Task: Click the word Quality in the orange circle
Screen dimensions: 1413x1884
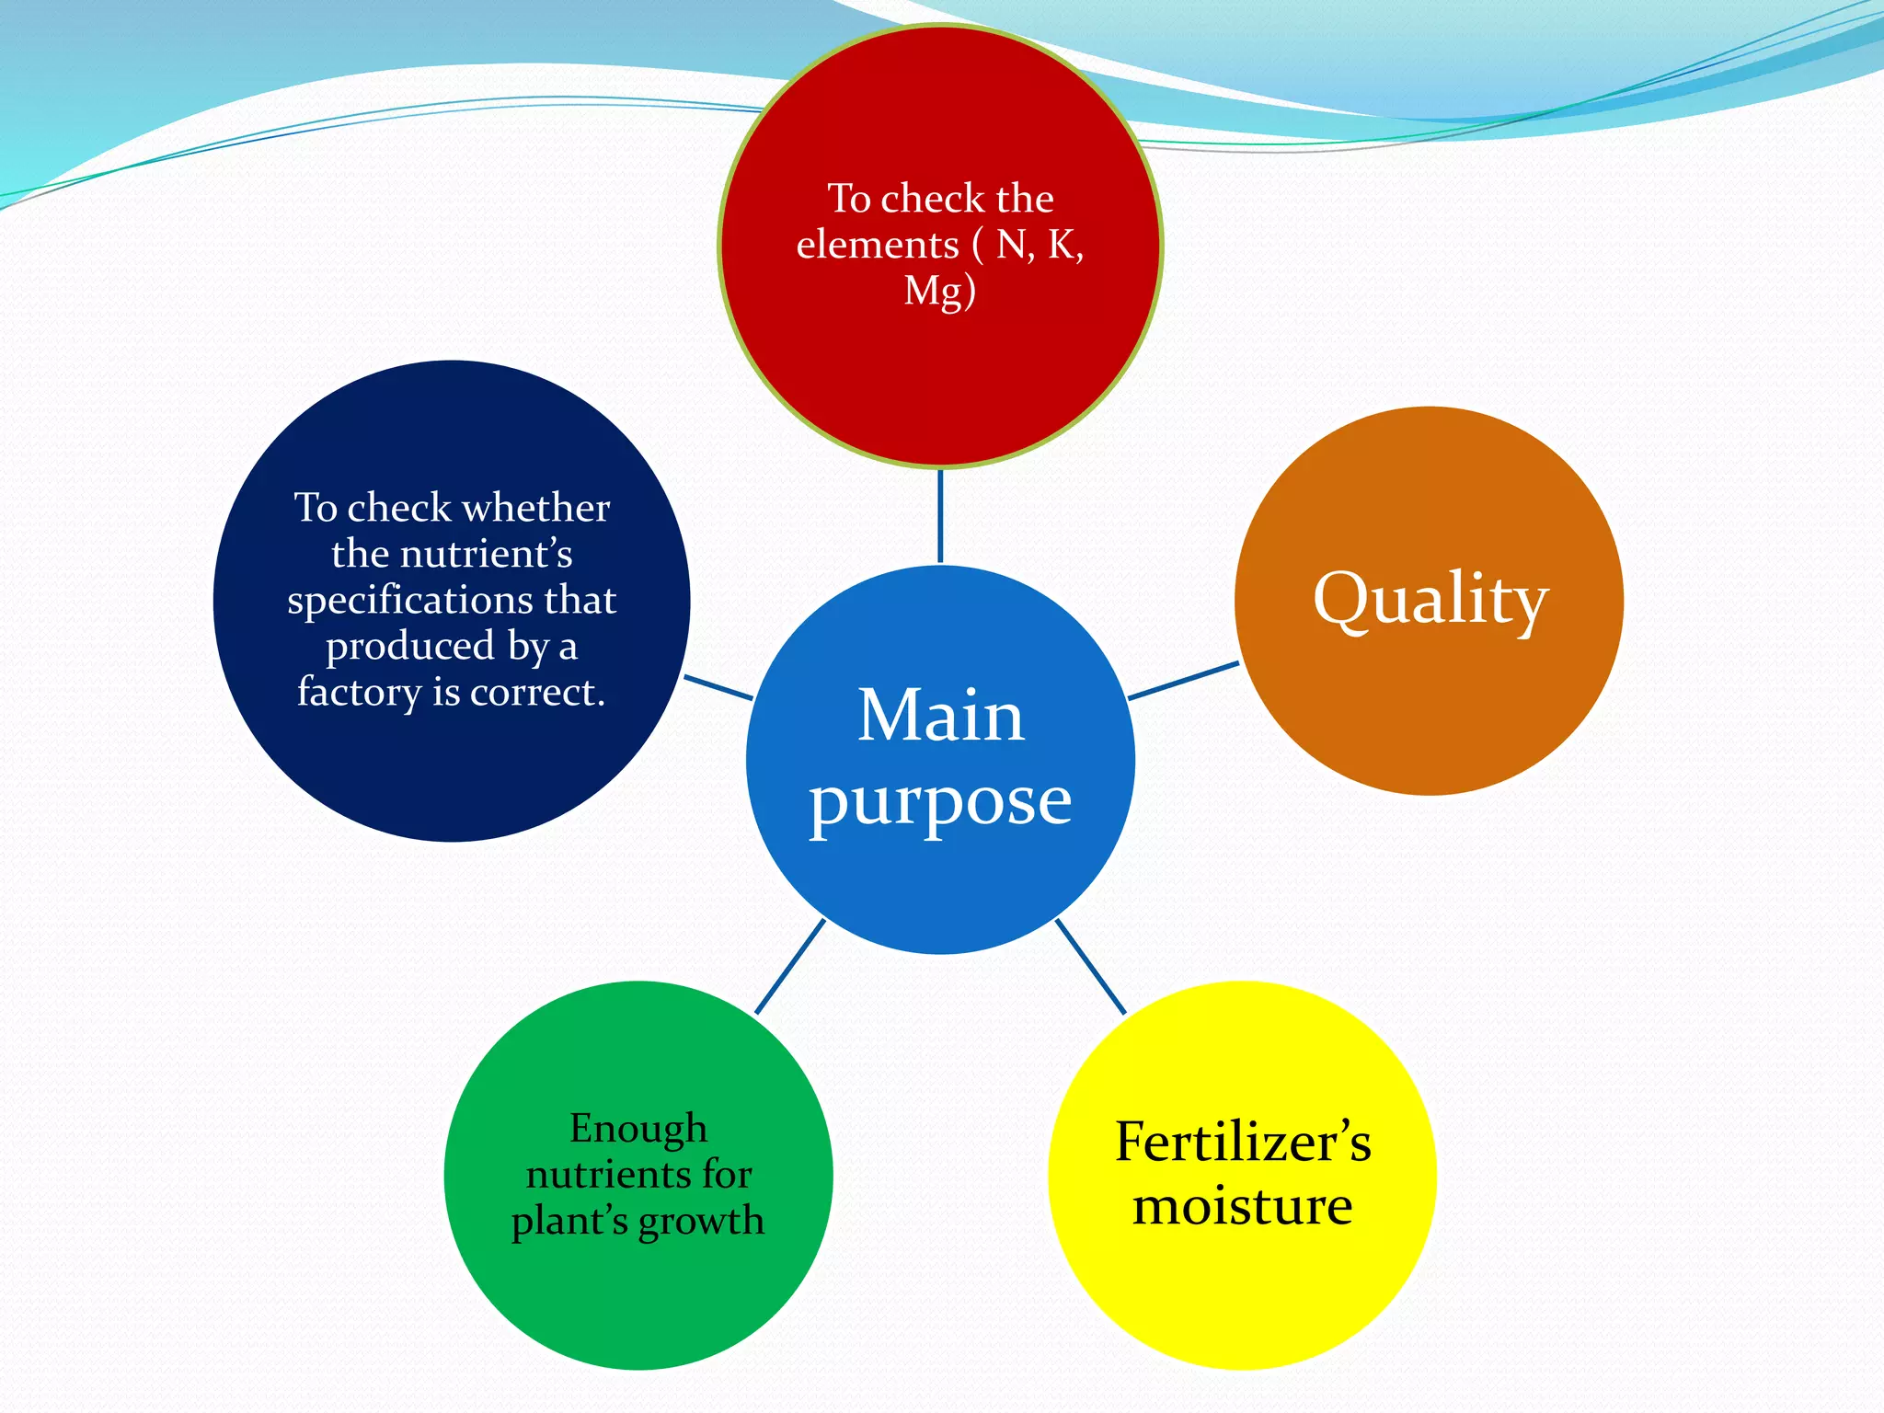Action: (x=1430, y=600)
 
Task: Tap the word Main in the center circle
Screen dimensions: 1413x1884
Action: (x=940, y=716)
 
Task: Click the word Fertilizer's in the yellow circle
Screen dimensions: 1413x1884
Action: (x=1243, y=1143)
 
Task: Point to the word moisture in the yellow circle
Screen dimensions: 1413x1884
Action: (x=1243, y=1206)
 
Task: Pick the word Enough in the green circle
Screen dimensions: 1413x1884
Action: (x=638, y=1129)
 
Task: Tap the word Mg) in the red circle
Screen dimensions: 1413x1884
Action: (x=939, y=292)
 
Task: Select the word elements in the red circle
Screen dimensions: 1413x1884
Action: (x=878, y=245)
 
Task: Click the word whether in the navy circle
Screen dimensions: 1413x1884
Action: (x=537, y=508)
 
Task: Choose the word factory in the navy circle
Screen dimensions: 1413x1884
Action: (x=359, y=692)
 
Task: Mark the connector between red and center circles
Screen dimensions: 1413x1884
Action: (x=940, y=516)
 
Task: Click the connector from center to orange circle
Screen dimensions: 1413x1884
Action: (x=1183, y=681)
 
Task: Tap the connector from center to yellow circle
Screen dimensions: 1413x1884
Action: (x=1091, y=967)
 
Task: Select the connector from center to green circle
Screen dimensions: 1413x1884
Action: (x=789, y=967)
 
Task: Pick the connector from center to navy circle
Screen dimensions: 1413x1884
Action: (x=719, y=687)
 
